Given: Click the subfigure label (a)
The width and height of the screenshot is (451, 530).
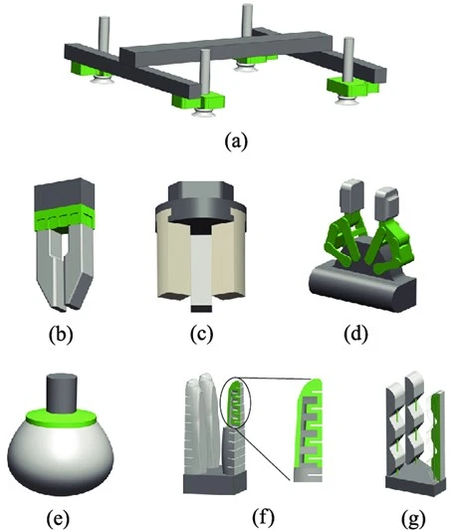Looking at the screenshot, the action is click(236, 140).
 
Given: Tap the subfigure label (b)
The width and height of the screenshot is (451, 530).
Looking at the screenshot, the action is click(61, 335).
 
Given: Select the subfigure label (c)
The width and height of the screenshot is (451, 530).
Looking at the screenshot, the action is click(202, 334).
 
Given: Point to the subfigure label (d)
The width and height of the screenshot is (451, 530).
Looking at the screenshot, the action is click(355, 334).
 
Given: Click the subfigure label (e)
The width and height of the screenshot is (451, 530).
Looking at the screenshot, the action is click(58, 518).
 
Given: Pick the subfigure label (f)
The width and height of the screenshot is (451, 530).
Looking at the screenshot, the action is click(263, 516).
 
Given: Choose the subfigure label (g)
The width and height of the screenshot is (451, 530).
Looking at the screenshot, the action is click(413, 518).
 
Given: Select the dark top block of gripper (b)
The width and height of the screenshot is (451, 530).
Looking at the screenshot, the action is click(64, 193).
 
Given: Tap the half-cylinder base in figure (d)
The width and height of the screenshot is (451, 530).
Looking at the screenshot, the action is click(362, 287).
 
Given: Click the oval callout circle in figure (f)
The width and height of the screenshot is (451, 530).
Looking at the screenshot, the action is click(235, 402).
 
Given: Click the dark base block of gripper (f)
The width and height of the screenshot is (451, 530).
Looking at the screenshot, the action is click(213, 484).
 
